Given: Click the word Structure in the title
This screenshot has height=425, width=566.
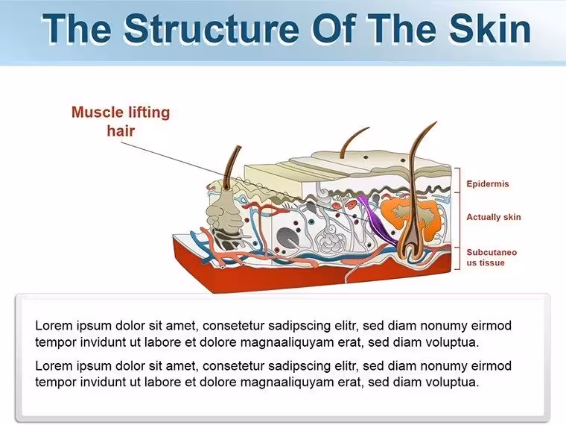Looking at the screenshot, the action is click(212, 28).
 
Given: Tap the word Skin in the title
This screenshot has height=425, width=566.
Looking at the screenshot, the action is click(490, 28).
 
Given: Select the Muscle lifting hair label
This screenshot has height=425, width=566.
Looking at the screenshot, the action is click(121, 122).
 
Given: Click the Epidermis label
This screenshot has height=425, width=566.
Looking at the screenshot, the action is click(488, 183).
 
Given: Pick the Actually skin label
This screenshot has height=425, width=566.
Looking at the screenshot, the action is click(494, 217).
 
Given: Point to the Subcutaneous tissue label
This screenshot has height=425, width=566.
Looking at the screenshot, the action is click(492, 257).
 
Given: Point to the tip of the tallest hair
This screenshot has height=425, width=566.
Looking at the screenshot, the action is click(436, 122).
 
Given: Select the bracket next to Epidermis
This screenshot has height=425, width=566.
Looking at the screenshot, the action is click(457, 180).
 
